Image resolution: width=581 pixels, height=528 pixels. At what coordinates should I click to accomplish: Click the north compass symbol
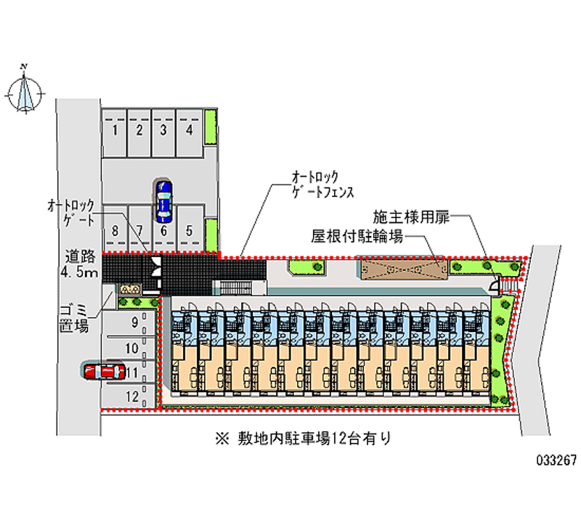(24, 91)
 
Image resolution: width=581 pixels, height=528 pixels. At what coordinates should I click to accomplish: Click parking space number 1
(115, 131)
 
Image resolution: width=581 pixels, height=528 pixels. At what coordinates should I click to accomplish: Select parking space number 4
(189, 131)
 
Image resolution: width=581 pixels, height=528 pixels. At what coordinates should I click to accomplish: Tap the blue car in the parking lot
(163, 201)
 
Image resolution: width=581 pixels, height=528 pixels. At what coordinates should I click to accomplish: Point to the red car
(104, 371)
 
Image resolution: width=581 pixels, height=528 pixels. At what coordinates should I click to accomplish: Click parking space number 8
(115, 231)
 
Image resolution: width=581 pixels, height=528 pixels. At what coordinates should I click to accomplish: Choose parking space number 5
(189, 231)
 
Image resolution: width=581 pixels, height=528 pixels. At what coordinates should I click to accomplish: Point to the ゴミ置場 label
(74, 318)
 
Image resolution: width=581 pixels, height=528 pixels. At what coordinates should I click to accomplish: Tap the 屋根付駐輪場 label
(358, 236)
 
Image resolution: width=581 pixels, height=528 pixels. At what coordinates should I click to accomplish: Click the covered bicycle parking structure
(400, 268)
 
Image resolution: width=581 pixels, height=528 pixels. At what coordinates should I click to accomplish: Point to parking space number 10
(131, 349)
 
